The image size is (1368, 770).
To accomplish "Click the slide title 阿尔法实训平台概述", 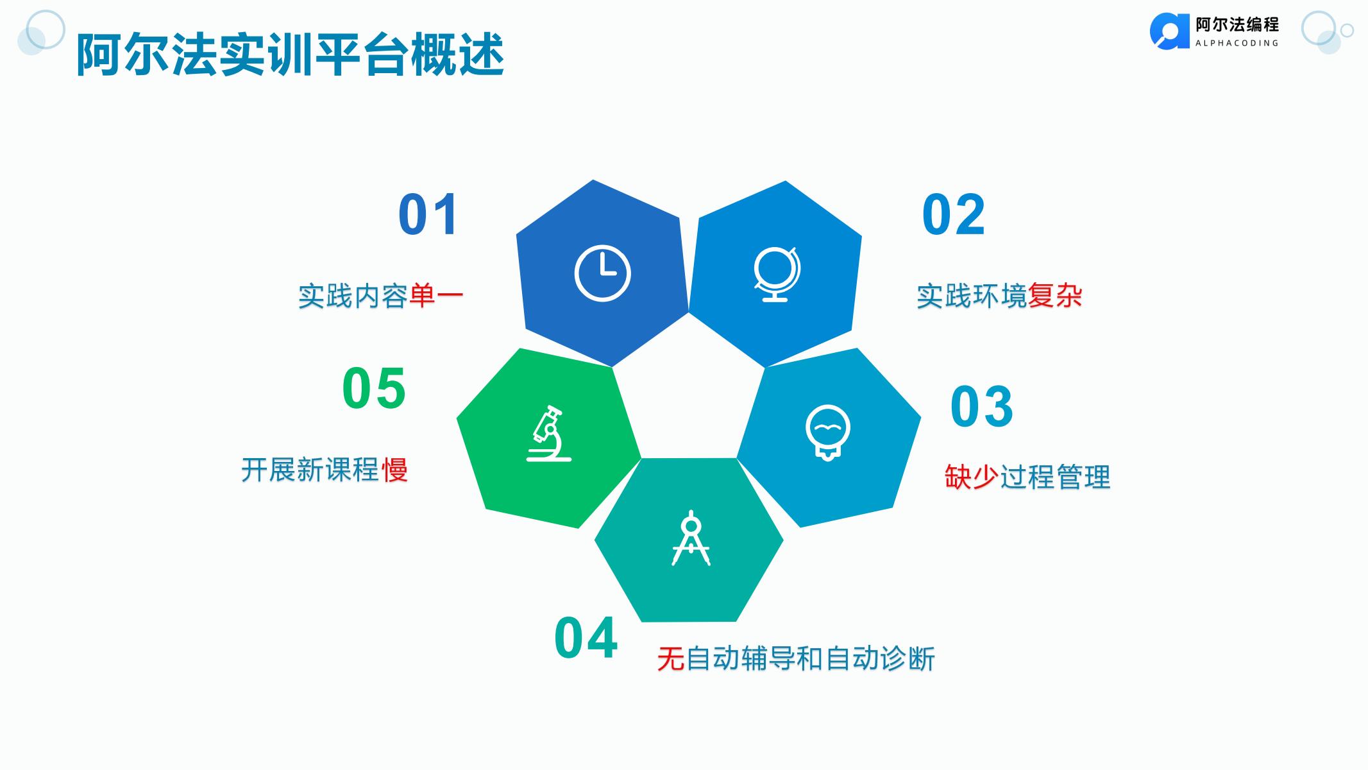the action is [290, 55].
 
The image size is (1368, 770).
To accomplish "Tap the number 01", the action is [428, 215].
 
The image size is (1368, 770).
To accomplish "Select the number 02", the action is [953, 215].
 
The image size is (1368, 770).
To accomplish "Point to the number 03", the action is [981, 407].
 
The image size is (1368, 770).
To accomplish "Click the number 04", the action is [586, 638].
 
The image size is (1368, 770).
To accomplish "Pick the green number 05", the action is [374, 388].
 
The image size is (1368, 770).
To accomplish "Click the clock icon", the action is [602, 273].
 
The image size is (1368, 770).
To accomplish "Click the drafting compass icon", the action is [691, 538].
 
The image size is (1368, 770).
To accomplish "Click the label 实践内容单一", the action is [380, 296].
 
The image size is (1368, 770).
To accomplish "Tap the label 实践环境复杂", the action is [999, 296].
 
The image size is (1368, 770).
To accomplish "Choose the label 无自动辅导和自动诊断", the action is [796, 658].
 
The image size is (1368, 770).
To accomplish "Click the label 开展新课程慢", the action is [325, 470].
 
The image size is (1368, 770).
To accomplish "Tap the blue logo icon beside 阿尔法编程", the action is [1170, 31].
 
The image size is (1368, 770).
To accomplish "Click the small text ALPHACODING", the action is [1237, 43].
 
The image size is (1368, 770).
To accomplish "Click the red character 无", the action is [670, 658].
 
